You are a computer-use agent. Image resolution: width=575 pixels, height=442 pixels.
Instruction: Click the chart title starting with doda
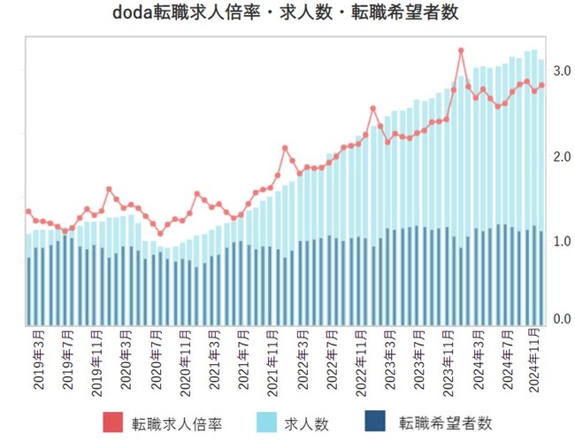pyautogui.click(x=287, y=14)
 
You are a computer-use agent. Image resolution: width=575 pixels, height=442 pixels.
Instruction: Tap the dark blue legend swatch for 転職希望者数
pyautogui.click(x=376, y=423)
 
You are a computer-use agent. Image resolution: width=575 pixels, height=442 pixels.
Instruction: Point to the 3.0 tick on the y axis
pyautogui.click(x=562, y=70)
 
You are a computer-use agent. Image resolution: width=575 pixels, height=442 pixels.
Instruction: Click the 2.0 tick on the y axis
pyautogui.click(x=562, y=157)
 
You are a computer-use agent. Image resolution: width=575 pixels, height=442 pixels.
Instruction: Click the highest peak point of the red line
pyautogui.click(x=461, y=50)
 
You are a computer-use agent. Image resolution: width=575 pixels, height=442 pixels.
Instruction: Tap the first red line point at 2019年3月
pyautogui.click(x=28, y=212)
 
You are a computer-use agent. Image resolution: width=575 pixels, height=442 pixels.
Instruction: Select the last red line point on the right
pyautogui.click(x=541, y=85)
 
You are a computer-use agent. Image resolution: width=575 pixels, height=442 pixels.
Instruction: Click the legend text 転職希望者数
pyautogui.click(x=444, y=423)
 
